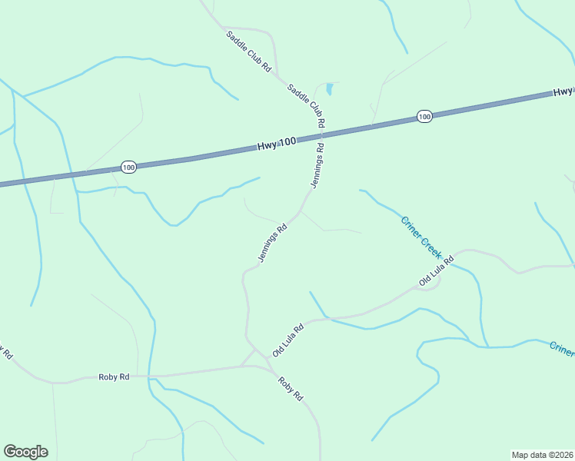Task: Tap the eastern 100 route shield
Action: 424,116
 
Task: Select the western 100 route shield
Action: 128,167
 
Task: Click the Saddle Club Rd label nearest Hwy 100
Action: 307,105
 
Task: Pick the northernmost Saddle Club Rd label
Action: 249,51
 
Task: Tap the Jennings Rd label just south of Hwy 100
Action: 317,165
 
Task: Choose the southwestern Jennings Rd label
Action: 272,243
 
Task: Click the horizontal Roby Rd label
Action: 114,377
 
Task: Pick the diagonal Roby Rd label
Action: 291,389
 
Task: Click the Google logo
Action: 25,452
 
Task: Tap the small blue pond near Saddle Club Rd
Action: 330,89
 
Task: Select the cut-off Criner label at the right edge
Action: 562,349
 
